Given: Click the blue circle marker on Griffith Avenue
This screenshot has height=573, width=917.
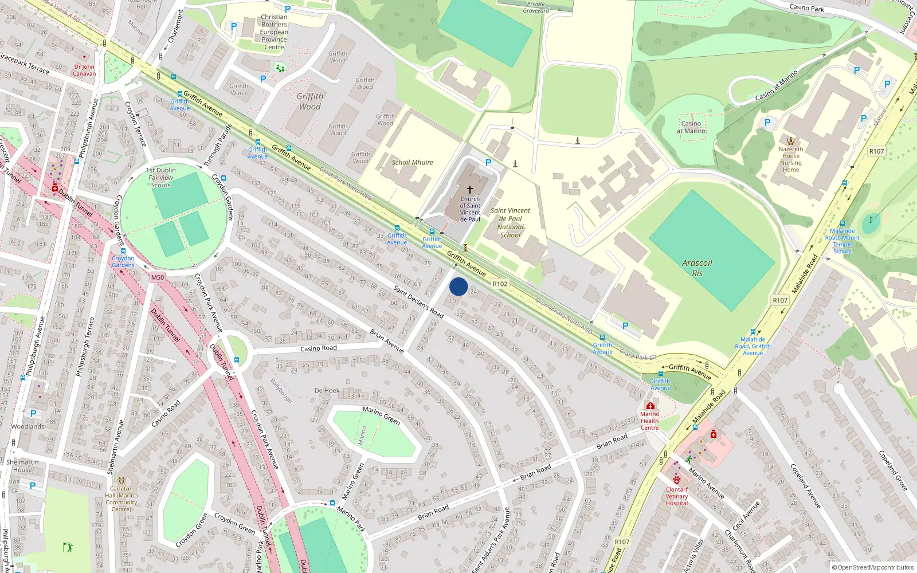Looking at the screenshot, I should [458, 286].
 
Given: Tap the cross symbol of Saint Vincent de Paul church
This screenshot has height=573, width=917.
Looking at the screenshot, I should [470, 189].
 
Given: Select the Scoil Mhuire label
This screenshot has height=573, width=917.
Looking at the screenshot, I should [412, 162].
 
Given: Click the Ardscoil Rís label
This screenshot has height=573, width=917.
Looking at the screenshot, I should [697, 268].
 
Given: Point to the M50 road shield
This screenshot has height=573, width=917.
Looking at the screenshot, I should [158, 277].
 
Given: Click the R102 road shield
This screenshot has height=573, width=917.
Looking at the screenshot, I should [500, 284].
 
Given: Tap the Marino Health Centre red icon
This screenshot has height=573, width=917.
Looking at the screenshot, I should [650, 406].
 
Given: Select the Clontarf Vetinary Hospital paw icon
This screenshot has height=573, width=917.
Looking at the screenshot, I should [677, 480].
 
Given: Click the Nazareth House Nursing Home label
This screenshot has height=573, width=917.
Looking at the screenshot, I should [791, 159].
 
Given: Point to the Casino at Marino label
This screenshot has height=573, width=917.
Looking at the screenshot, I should [691, 127].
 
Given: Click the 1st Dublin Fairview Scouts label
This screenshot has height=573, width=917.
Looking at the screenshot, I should [161, 178].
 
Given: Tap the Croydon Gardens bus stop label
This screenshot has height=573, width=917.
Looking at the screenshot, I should [123, 262].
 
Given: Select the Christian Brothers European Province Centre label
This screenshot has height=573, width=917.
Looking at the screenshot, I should [274, 32].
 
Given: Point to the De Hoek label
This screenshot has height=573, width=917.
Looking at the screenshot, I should [327, 391].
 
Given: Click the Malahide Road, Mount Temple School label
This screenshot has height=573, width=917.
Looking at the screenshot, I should [842, 241].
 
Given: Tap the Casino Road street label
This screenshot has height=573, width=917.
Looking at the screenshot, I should [318, 348].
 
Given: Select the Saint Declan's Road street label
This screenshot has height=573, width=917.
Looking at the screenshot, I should [418, 302].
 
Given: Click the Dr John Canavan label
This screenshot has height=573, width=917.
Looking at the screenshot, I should [84, 70].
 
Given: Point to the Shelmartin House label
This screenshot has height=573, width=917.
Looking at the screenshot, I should [22, 466].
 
